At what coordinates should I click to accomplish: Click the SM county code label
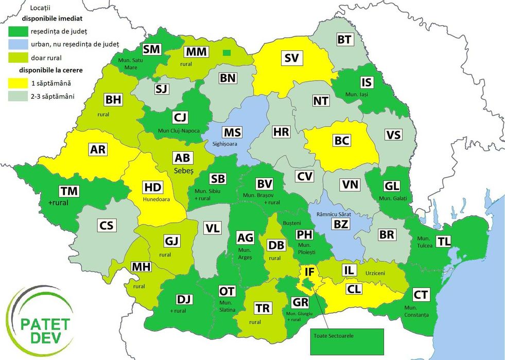152,49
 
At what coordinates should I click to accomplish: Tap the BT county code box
344,40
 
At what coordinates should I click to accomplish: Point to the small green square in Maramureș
227,52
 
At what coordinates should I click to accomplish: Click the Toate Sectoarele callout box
347,336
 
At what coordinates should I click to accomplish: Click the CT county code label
421,295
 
